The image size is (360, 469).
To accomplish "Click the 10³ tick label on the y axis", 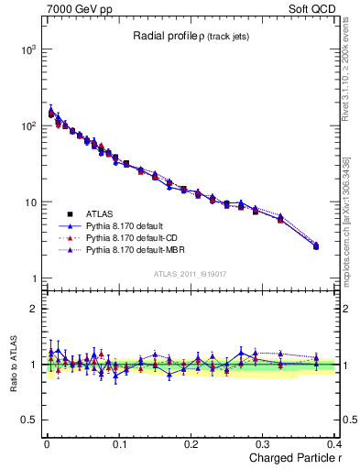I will click(x=29, y=49).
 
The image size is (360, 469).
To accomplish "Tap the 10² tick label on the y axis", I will click(x=29, y=125).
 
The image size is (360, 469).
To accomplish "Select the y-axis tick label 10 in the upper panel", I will click(x=32, y=202).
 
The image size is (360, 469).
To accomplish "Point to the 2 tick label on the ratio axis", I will click(x=35, y=309).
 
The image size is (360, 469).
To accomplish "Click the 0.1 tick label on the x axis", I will click(x=118, y=443).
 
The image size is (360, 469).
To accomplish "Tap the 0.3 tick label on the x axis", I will click(x=264, y=443).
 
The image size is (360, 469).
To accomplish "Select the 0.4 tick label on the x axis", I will click(x=335, y=443).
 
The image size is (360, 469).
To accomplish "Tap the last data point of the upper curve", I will click(x=316, y=245).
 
